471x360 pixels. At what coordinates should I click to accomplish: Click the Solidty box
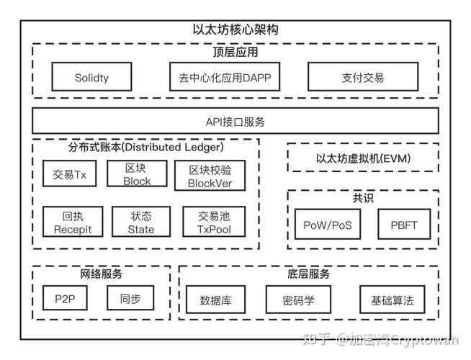[91, 77]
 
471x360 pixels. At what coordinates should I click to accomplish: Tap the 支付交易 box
[362, 77]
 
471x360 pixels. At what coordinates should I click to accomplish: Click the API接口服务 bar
[235, 121]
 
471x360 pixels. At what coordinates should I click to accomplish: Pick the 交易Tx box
[69, 174]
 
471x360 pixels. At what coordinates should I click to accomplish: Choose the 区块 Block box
[136, 174]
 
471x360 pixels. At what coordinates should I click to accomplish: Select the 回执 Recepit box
[72, 222]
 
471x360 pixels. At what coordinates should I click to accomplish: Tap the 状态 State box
[141, 222]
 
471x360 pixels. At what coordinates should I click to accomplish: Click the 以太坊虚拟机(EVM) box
[363, 158]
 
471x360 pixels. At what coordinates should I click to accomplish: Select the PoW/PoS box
[327, 225]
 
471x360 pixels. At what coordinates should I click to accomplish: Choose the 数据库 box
[216, 299]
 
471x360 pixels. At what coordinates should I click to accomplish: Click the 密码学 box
[297, 299]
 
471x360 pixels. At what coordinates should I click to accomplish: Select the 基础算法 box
[392, 299]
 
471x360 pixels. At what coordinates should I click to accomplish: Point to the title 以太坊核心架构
[235, 30]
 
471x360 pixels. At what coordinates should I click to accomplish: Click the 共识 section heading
[363, 197]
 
